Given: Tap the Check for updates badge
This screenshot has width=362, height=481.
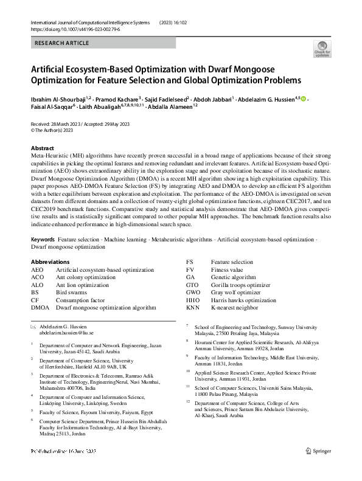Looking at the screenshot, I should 321,49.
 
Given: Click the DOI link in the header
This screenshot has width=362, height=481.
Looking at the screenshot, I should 67,29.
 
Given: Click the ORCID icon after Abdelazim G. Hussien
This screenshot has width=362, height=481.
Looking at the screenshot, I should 304,99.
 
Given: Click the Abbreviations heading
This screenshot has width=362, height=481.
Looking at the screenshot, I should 50,262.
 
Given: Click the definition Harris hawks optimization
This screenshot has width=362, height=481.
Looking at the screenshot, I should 243,300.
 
